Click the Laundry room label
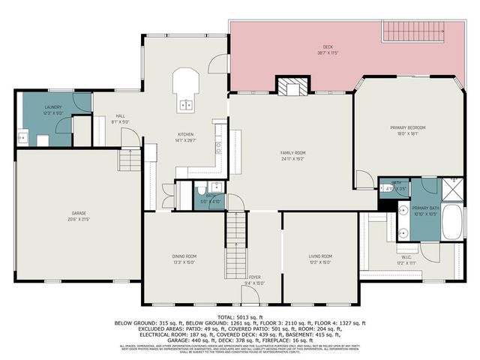click(x=52, y=109)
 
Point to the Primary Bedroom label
click(x=408, y=130)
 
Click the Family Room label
click(x=293, y=155)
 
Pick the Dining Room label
click(x=184, y=259)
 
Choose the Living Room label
click(x=320, y=259)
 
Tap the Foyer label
click(x=254, y=279)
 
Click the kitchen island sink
click(x=186, y=105)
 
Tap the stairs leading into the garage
click(x=129, y=159)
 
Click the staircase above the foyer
click(x=236, y=229)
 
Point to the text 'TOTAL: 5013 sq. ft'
click(x=239, y=317)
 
